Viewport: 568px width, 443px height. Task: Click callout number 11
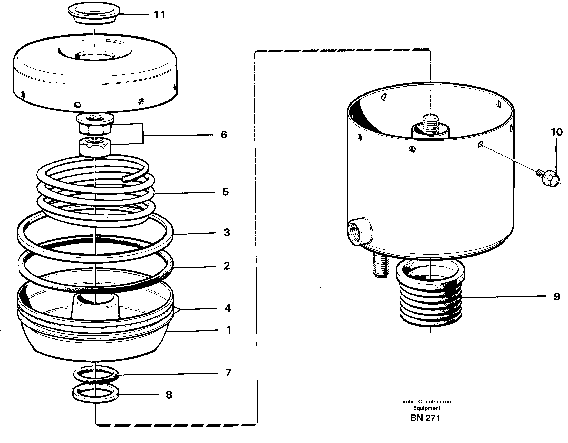[x=159, y=15]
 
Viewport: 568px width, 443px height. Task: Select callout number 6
[x=224, y=135]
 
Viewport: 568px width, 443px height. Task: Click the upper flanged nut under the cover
[x=95, y=123]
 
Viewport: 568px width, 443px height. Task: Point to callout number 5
[x=226, y=192]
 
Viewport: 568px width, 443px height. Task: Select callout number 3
[x=227, y=232]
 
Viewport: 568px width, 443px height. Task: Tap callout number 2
[x=227, y=266]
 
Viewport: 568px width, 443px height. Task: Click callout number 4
[x=228, y=308]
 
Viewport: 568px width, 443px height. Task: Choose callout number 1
[x=229, y=330]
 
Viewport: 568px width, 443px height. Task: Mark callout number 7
[x=228, y=373]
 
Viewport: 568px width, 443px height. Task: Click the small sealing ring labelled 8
[x=95, y=393]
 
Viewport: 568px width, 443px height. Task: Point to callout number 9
[x=556, y=296]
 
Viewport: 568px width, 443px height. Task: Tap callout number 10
[x=556, y=132]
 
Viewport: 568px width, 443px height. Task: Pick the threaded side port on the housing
[x=357, y=231]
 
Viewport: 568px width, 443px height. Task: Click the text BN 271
[x=425, y=418]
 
